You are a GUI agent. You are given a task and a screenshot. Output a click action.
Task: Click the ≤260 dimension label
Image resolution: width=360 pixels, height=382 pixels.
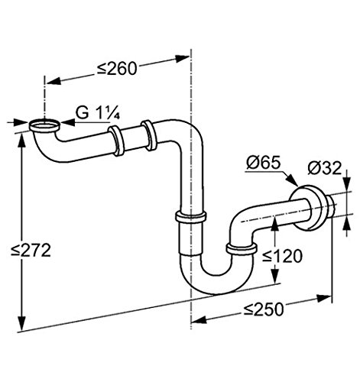117,68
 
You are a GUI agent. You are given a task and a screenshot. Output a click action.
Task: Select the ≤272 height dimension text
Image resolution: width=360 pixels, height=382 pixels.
31,251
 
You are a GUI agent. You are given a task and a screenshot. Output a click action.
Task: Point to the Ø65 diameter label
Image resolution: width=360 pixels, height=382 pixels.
263,162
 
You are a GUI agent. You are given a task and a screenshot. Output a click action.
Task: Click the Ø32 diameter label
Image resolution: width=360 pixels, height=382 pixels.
324,168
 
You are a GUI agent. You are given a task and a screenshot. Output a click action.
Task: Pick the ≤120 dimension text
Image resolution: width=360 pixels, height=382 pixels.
282,256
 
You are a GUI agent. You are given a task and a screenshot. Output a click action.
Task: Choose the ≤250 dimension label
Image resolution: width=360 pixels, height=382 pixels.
264,309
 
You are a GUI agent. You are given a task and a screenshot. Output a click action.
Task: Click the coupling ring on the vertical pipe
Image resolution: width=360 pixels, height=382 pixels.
190,217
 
